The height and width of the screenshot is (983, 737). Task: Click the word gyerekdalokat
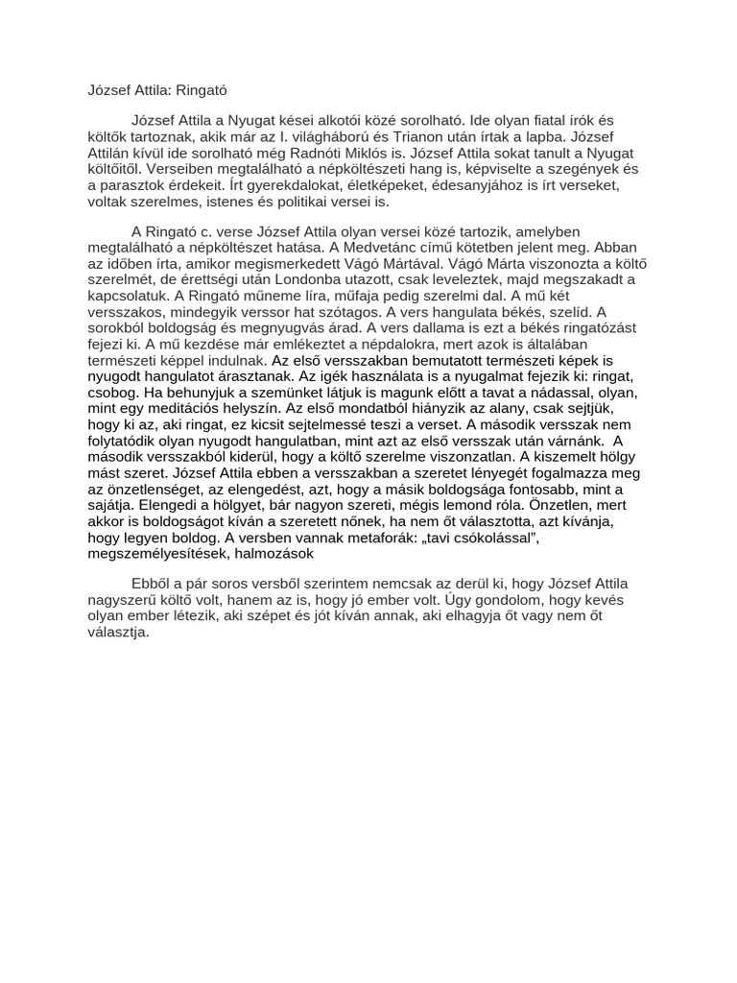click(304, 185)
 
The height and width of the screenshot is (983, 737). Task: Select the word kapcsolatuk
click(119, 295)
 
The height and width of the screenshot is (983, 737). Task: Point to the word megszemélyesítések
click(153, 554)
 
